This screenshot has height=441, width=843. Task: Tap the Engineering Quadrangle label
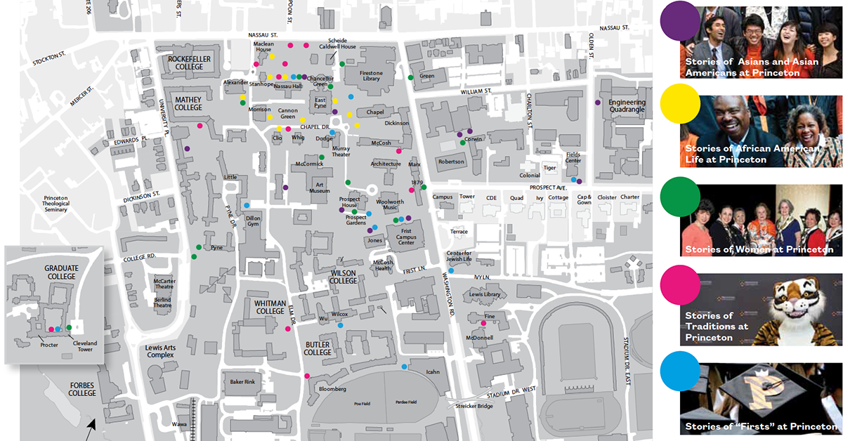627,105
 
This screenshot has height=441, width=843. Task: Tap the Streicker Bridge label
475,406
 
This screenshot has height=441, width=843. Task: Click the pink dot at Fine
483,323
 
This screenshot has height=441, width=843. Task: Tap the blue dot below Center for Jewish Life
451,271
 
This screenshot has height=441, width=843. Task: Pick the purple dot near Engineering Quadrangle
598,103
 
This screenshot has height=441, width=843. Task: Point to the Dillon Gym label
253,222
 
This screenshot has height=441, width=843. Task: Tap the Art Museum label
319,186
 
